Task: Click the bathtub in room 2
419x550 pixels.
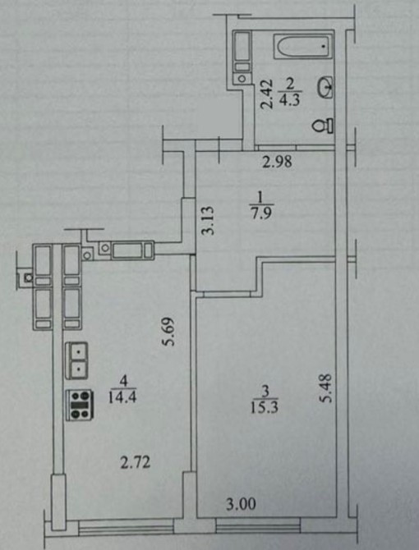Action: click(303, 46)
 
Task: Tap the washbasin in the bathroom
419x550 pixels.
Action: click(325, 87)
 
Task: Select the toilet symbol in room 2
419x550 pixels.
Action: click(323, 126)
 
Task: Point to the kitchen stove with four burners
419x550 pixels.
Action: click(80, 405)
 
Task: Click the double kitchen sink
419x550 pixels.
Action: click(76, 360)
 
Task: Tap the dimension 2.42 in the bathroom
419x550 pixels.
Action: click(267, 94)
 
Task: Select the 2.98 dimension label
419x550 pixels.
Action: click(277, 162)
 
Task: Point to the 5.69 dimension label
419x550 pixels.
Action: click(168, 332)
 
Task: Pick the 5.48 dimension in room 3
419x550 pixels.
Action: click(326, 387)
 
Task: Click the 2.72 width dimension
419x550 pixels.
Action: click(136, 462)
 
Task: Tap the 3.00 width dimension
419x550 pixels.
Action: click(241, 504)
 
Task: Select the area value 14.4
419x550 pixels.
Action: click(122, 397)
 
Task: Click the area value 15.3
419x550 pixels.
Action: click(265, 408)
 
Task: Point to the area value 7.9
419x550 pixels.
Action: click(261, 213)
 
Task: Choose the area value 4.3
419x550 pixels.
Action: click(290, 100)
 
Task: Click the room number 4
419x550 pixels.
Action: click(122, 381)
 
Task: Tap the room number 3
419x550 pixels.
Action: click(265, 391)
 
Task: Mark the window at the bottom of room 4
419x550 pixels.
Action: click(126, 528)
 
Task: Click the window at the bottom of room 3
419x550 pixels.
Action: click(258, 526)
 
